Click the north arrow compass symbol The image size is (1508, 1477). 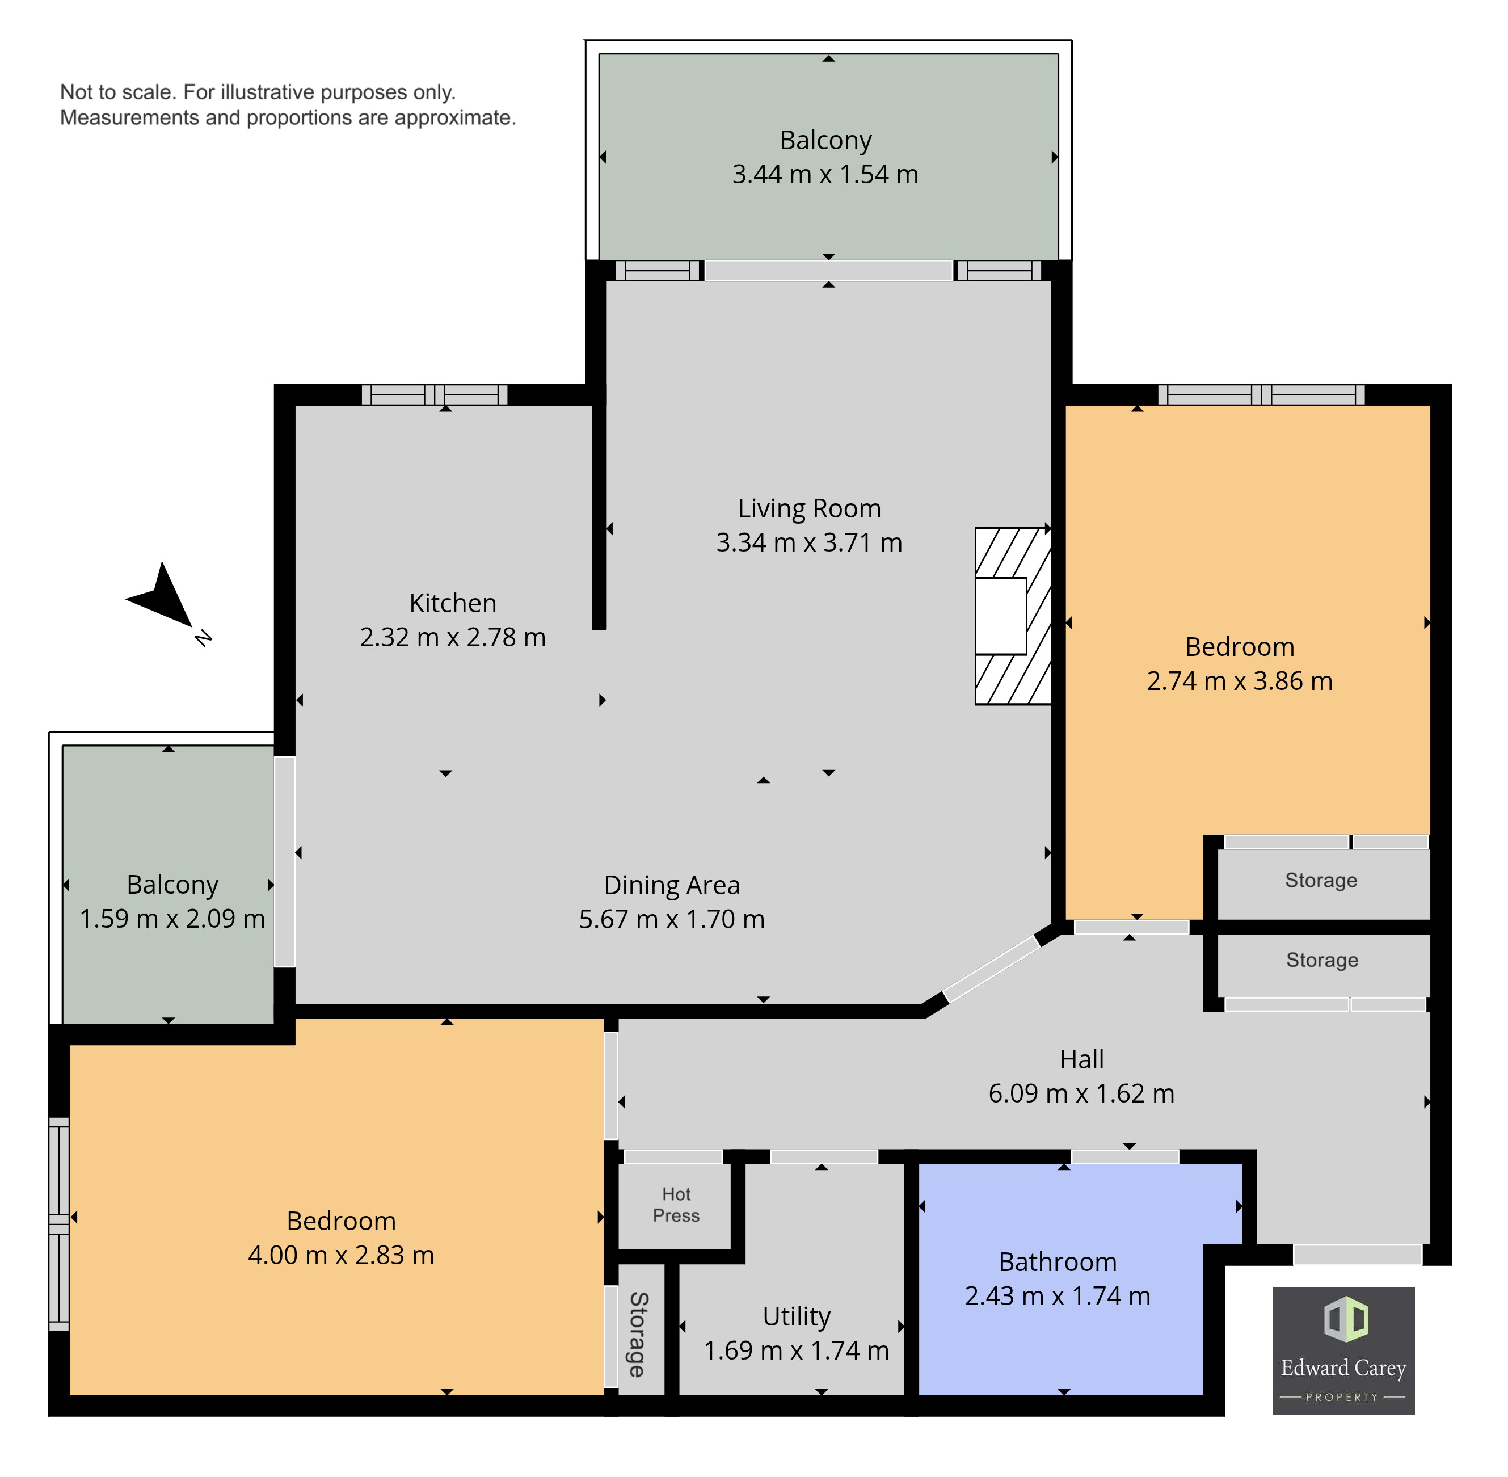coord(163,598)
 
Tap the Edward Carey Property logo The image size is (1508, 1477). coord(1343,1350)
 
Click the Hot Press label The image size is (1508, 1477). coord(676,1204)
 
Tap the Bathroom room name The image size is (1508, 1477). coord(1058,1261)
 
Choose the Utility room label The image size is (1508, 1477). coord(796,1316)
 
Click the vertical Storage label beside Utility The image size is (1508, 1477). coord(637,1333)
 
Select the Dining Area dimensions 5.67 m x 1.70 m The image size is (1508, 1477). coord(672,919)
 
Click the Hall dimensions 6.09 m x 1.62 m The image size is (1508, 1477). coord(1081,1093)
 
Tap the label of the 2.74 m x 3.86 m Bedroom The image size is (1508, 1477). coord(1239,646)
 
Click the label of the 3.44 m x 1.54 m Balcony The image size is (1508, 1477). coord(825,140)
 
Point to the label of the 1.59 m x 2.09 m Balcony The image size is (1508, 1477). coord(172,885)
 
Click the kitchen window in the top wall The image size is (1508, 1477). coord(435,395)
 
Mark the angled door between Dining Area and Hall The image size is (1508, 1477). coord(991,968)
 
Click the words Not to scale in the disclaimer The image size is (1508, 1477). coord(118,92)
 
